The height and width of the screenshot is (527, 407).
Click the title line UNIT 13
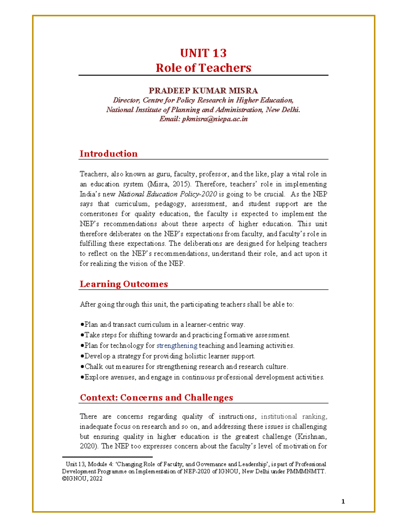pos(203,53)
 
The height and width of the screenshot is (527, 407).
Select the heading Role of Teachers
pos(203,68)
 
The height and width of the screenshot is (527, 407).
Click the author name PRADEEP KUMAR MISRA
pos(203,91)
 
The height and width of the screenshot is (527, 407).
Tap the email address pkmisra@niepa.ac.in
pos(215,119)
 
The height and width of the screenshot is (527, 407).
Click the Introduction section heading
pos(109,154)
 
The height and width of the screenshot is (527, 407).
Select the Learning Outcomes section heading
pos(124,284)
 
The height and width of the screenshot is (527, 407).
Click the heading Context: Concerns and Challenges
pos(156,397)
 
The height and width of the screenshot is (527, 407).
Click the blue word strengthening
pos(177,345)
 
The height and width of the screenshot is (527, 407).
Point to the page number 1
pos(343,502)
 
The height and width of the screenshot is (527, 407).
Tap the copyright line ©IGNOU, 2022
pos(82,479)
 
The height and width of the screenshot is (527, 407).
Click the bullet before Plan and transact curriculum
pos(82,325)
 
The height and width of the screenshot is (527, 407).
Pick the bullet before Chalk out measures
pos(82,367)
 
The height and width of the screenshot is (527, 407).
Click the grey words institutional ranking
pos(294,416)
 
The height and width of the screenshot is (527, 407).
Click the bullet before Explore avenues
pos(82,377)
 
